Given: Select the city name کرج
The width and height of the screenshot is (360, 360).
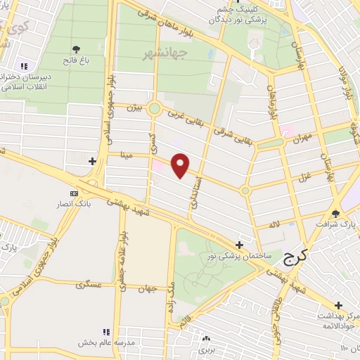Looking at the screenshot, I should point(296,259).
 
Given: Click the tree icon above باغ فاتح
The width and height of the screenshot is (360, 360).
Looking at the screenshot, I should point(76,49).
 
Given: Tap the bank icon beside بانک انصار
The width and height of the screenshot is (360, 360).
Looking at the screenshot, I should point(74,194).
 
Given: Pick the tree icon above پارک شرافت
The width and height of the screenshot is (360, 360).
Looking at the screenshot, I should point(335,214).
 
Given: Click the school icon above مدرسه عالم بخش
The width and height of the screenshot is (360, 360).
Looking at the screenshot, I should point(106,332).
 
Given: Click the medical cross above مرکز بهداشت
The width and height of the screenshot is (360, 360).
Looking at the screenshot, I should point(339,305).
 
